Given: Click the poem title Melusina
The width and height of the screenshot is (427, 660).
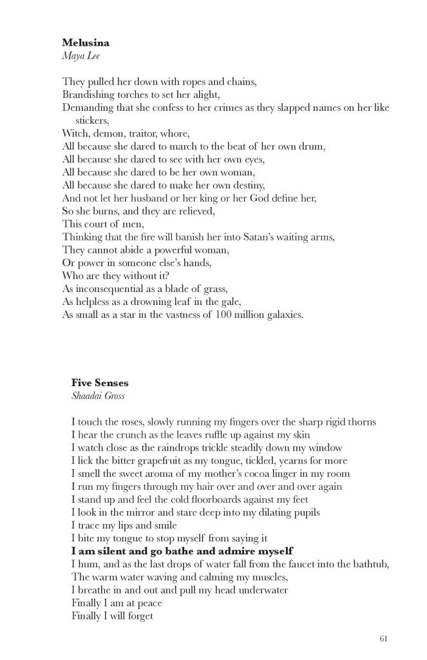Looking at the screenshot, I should point(86,43).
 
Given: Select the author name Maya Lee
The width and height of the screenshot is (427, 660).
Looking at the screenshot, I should point(81,55).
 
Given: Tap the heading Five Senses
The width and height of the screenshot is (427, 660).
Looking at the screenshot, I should point(100,383).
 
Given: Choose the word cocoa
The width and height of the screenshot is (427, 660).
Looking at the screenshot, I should point(263,473).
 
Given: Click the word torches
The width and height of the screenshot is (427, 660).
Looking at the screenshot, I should point(131,94).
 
